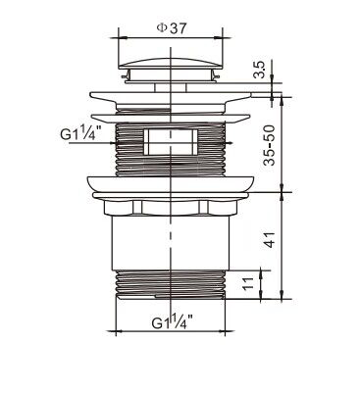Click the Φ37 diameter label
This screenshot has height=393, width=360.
(172, 28)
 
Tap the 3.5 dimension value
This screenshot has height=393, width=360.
(261, 69)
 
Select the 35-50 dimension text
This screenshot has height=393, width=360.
(270, 145)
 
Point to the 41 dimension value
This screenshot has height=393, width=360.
(270, 239)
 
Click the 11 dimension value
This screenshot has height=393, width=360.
(248, 283)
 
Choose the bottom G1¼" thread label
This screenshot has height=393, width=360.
(172, 321)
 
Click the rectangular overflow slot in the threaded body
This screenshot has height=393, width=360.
(171, 142)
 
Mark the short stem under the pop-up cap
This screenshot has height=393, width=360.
(171, 87)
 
